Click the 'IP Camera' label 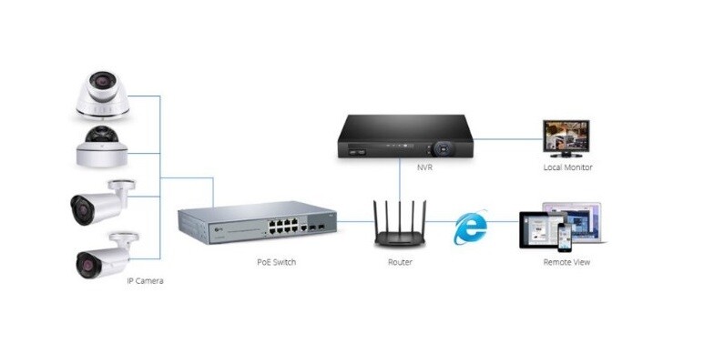tap(145, 281)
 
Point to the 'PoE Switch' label tap(276, 262)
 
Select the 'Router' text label tap(400, 262)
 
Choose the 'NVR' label tap(400, 167)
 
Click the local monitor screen tap(566, 137)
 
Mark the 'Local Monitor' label tap(567, 167)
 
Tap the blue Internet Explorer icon tap(471, 227)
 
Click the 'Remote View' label tap(567, 262)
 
